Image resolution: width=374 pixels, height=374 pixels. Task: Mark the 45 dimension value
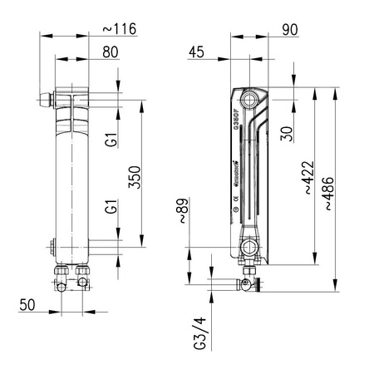coord(196,52)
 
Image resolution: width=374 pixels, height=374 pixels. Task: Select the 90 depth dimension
coord(291,30)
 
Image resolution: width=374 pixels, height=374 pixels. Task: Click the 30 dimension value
coord(285,133)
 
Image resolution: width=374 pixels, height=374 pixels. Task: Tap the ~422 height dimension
coord(308,177)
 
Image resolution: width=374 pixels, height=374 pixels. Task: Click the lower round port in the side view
coord(250,247)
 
